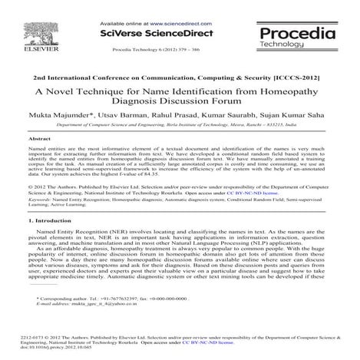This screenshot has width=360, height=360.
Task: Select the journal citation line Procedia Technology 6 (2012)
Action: coord(164,48)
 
